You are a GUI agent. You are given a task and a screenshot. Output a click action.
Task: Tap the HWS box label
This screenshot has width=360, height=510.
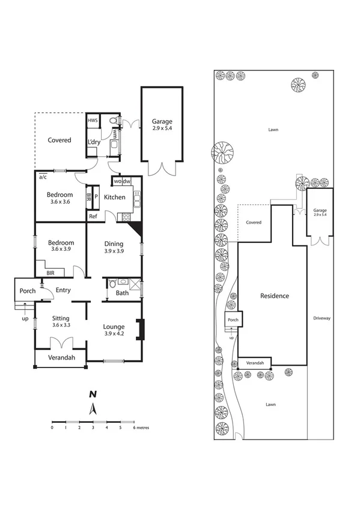pos(93,121)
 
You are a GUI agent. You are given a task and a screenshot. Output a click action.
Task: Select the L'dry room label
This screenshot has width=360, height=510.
pos(94,143)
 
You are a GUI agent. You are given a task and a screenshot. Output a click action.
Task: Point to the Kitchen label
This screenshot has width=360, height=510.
pos(114,197)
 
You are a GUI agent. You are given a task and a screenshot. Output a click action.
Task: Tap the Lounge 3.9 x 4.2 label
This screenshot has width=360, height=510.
pos(114,330)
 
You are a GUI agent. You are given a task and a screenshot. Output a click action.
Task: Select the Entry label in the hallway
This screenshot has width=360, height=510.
pos(63,290)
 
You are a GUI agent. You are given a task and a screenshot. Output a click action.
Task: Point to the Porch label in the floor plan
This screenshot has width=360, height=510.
pos(28,291)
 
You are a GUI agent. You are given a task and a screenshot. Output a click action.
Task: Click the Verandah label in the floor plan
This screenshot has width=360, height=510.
pos(60,358)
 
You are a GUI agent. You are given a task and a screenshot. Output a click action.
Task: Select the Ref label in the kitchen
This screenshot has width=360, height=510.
pos(93,217)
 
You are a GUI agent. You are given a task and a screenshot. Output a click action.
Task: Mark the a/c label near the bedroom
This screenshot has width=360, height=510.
pos(43,177)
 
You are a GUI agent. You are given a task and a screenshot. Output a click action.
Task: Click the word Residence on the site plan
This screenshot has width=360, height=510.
pos(274,296)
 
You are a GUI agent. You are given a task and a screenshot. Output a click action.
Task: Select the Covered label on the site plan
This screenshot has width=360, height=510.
pos(254,222)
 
